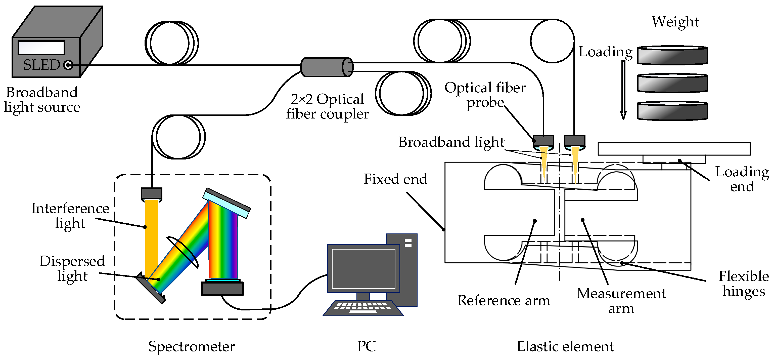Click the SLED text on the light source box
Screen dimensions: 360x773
coord(42,65)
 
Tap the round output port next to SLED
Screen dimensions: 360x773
coord(68,65)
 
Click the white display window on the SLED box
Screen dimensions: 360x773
coord(41,48)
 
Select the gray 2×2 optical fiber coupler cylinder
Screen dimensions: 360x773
coord(326,67)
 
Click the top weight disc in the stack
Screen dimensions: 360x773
coord(672,56)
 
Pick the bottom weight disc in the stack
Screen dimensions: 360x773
coord(672,111)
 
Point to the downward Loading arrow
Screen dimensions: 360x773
coord(623,90)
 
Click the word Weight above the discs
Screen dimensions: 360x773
coord(675,22)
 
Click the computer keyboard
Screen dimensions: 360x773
coord(363,308)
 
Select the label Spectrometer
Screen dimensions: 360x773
coord(192,346)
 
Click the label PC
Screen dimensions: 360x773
coord(366,346)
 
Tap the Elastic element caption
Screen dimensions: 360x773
coord(565,346)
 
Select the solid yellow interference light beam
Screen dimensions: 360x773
coord(151,237)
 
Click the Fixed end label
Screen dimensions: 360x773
coord(395,179)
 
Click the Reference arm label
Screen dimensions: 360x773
coord(504,300)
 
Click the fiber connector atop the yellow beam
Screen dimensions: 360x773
coord(152,193)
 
